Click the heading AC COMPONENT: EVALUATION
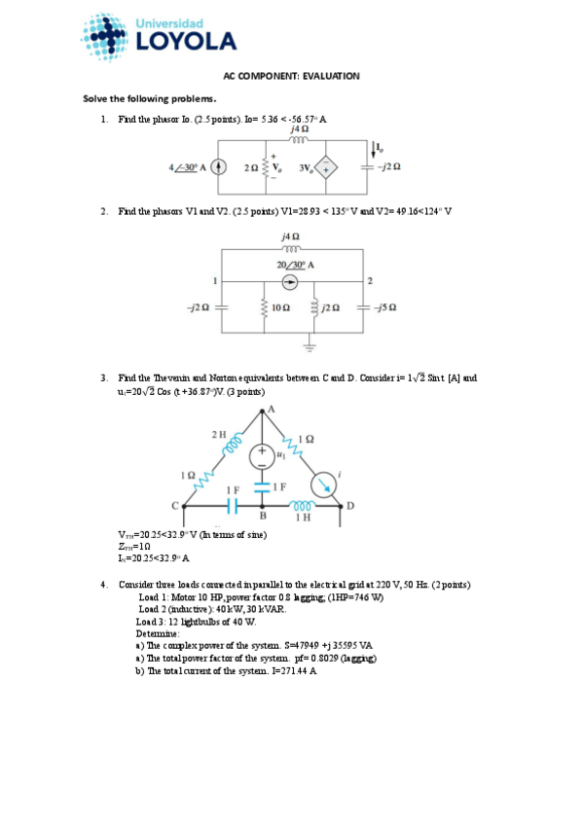(x=292, y=76)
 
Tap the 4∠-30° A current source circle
(x=220, y=166)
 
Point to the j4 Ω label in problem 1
(x=300, y=129)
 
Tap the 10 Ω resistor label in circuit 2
(x=281, y=307)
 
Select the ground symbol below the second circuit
(x=310, y=344)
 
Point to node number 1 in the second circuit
(x=214, y=280)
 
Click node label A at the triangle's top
(x=271, y=409)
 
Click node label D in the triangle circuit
(x=350, y=506)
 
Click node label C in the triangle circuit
(x=176, y=506)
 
